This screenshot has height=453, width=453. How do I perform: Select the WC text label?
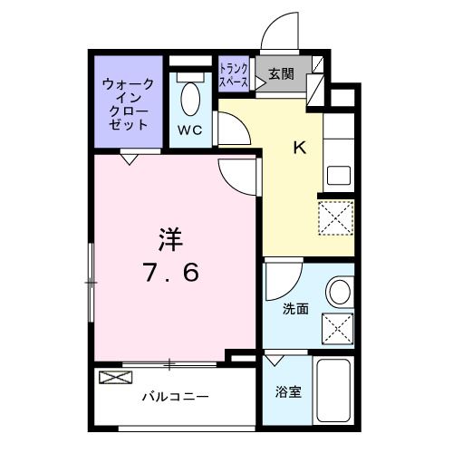pos(188,130)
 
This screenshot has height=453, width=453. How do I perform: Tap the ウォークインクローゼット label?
pos(128,104)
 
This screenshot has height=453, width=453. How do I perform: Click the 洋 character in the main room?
pos(169,239)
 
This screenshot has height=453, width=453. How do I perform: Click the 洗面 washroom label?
pos(295,309)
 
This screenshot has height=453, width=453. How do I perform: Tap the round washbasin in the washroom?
pos(339,292)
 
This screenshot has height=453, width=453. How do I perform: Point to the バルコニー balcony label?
pos(175,397)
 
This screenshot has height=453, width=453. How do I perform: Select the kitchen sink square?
pos(338,176)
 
